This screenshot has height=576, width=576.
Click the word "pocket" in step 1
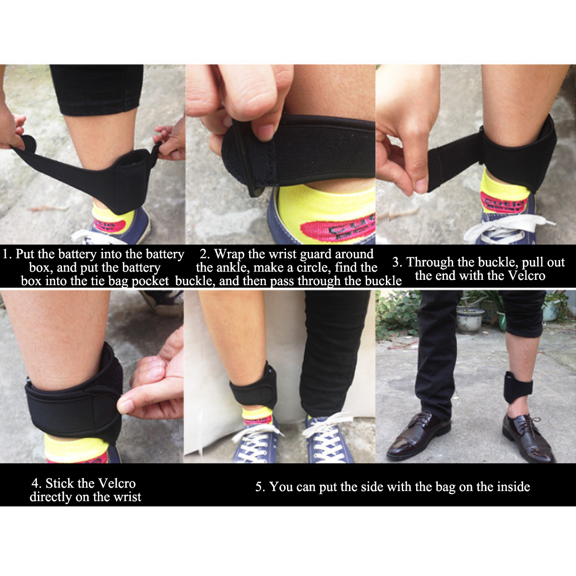(x=150, y=281)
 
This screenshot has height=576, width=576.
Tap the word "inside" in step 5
(x=513, y=487)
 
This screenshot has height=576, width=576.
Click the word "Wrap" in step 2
(x=229, y=254)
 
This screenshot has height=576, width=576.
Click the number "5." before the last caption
(x=260, y=487)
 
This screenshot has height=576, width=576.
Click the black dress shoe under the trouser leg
(x=417, y=434)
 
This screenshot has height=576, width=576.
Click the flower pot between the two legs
(x=470, y=319)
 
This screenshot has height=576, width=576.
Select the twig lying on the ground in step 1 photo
(x=48, y=209)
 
